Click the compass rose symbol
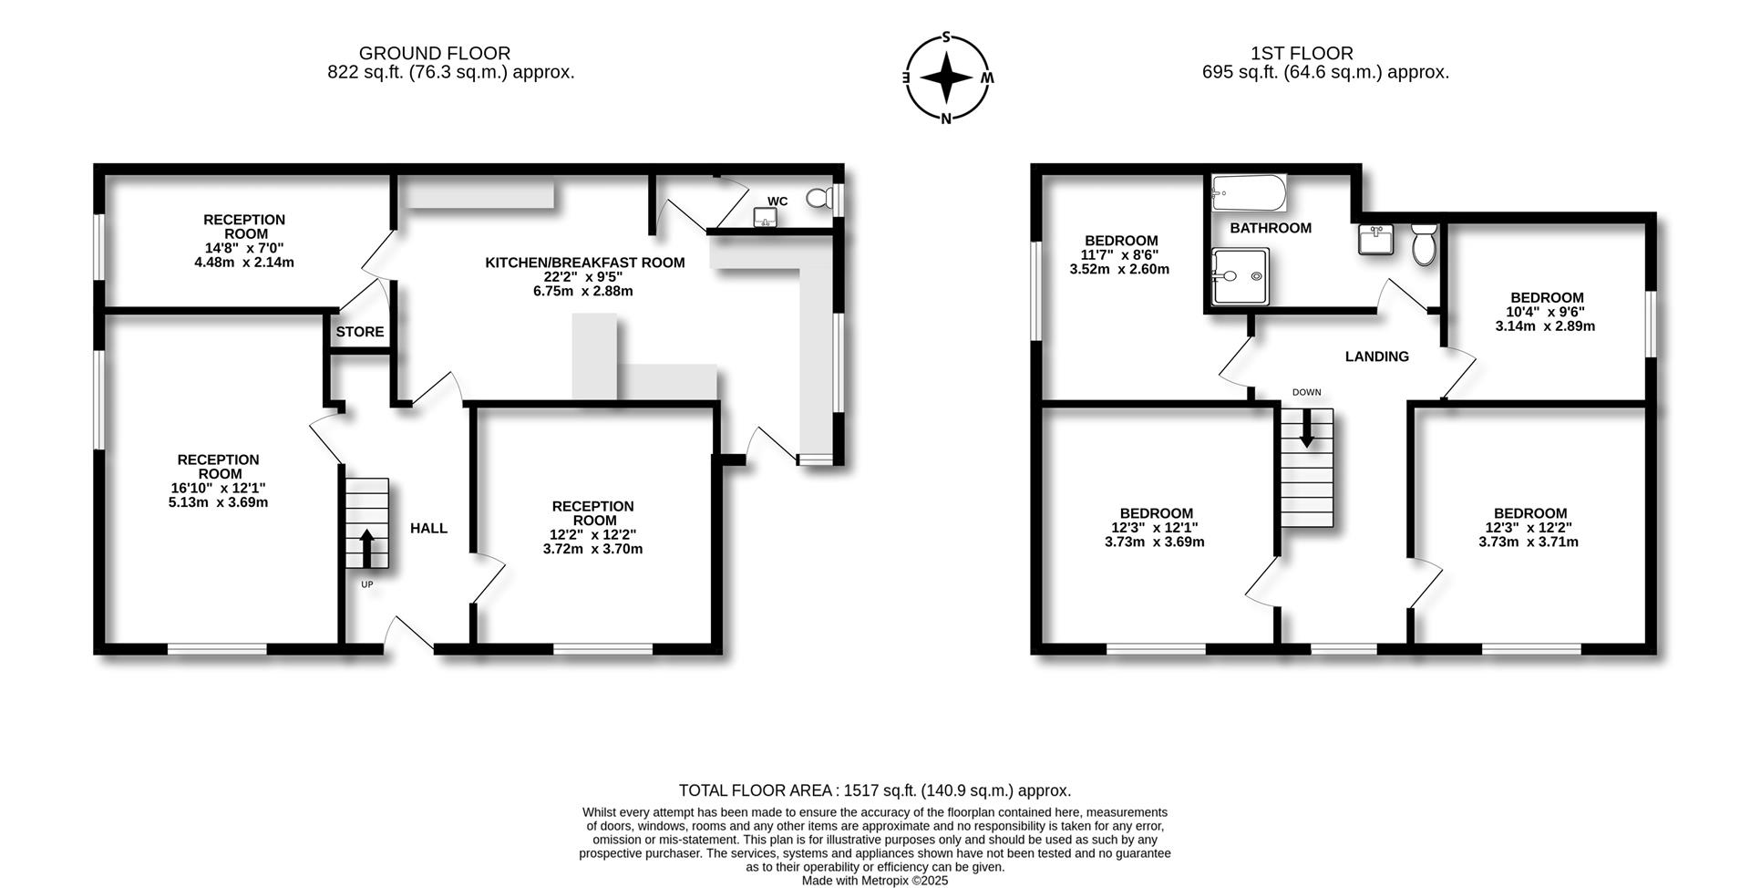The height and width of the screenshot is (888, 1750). (947, 77)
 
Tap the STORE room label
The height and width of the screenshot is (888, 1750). (360, 332)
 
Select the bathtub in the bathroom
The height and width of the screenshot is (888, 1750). (1249, 193)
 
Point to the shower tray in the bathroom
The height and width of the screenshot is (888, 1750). (1237, 276)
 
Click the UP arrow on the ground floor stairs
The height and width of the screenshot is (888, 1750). (366, 548)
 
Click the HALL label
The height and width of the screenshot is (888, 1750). (428, 529)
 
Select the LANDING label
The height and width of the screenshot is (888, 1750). (1377, 356)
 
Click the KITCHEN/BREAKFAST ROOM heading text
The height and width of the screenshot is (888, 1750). (585, 263)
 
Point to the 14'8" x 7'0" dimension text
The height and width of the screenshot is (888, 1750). (244, 248)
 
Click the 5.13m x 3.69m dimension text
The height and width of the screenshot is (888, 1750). (219, 502)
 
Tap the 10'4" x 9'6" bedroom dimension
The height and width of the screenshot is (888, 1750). (1547, 312)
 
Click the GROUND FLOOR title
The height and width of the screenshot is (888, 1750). (435, 54)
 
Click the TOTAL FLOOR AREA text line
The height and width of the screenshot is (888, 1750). (875, 790)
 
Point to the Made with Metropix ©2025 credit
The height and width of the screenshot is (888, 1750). (875, 881)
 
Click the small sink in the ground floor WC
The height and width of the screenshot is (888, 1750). (765, 217)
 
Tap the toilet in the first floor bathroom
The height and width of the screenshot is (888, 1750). (1424, 244)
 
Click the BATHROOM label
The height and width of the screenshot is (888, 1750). (1271, 228)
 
